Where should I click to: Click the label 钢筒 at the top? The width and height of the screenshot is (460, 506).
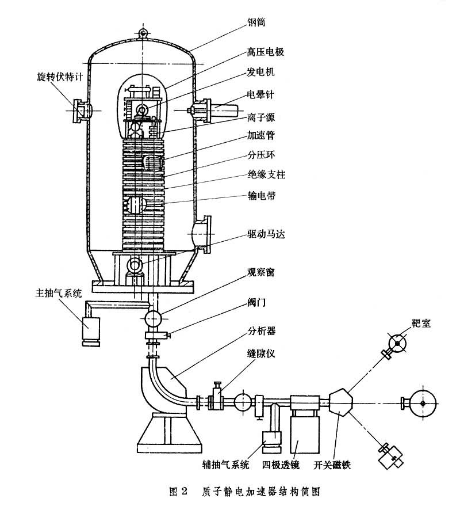[x=256, y=22]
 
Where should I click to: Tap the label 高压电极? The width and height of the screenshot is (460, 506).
[x=266, y=52]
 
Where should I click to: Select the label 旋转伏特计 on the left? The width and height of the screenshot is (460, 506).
[x=60, y=77]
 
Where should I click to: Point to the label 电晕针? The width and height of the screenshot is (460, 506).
[x=260, y=94]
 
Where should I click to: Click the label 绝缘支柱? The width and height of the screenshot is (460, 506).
[x=267, y=174]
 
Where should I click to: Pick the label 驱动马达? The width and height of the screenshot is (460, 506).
[x=266, y=234]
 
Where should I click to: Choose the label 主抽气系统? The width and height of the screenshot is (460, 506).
[x=59, y=293]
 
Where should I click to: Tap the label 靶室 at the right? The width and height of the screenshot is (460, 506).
[x=421, y=323]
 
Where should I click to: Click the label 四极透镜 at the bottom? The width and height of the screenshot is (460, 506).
[x=281, y=465]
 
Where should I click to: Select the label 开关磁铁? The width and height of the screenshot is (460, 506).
[x=332, y=465]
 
